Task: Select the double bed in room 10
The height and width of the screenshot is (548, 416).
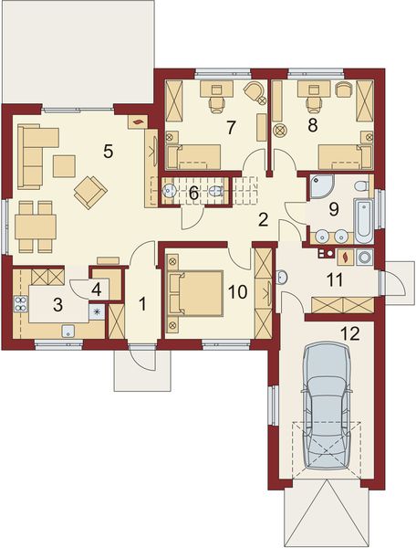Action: tap(198, 293)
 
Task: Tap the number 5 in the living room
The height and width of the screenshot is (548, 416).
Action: tap(109, 152)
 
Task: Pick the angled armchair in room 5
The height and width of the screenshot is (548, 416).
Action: tap(89, 190)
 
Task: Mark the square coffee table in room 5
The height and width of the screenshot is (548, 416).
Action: tap(64, 165)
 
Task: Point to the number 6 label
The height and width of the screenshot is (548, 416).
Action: tap(193, 193)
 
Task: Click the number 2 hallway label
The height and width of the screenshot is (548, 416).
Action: tap(262, 219)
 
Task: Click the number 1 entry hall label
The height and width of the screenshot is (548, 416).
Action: tap(142, 302)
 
